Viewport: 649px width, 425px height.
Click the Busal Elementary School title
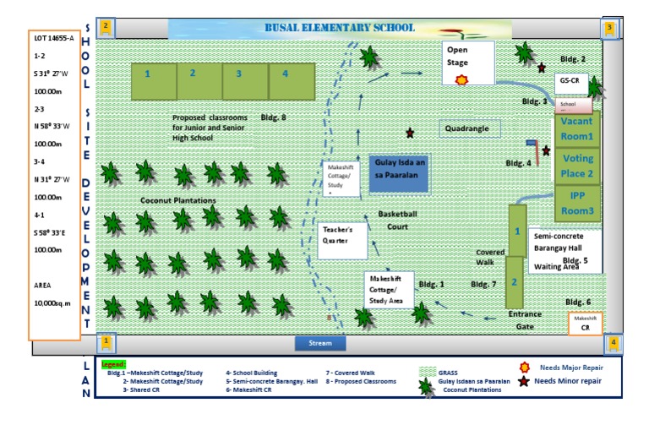341,28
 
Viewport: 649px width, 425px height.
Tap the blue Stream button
320,344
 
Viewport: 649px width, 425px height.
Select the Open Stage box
469,63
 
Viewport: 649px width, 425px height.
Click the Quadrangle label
470,128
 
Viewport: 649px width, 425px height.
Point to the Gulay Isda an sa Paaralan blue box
399,173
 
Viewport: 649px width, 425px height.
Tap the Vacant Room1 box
577,128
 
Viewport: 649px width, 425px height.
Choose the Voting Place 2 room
577,166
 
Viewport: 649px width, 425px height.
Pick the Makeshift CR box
585,323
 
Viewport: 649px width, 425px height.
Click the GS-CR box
572,81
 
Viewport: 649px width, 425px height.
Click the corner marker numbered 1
106,342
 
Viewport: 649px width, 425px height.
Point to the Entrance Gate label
525,320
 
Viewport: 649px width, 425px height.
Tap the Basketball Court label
397,220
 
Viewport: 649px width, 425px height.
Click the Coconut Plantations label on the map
177,200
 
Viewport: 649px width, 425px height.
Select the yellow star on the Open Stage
461,79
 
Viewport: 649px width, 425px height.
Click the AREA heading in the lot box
43,285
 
